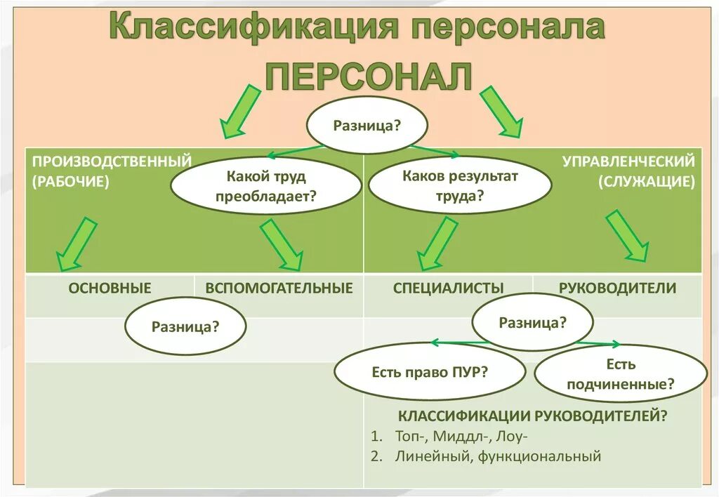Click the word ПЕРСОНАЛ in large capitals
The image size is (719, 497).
point(368,76)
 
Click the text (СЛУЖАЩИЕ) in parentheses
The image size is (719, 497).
point(647,182)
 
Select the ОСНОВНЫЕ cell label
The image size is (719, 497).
point(110,288)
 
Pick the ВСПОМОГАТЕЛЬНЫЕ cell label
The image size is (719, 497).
point(279,288)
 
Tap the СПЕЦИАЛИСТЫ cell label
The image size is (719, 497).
point(448,288)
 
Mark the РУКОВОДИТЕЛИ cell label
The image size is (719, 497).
point(617,288)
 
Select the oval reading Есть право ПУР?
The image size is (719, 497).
point(430,372)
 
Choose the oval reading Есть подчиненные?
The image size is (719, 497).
point(621,374)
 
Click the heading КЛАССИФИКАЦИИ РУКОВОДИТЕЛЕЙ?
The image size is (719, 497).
point(532,416)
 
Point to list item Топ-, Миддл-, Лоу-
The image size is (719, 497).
point(461,436)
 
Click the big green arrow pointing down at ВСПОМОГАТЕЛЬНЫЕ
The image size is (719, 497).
point(280,244)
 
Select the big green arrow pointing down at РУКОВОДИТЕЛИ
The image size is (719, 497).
point(627,236)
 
